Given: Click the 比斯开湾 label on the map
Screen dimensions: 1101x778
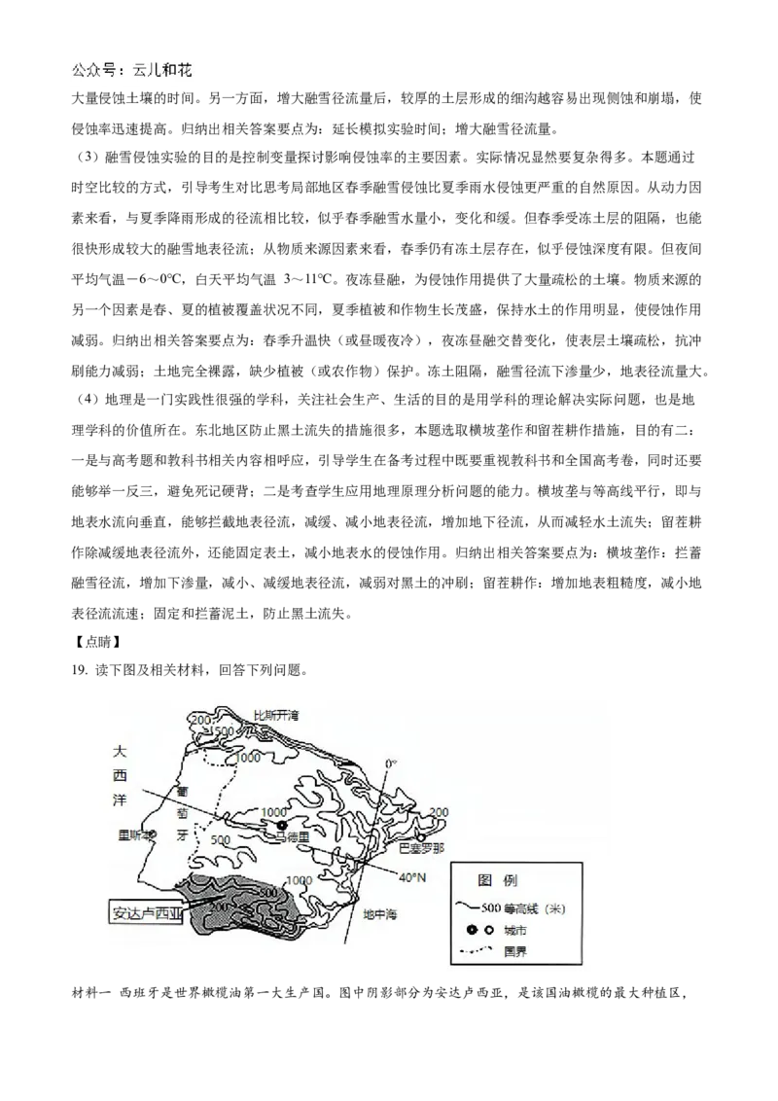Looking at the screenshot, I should click(x=276, y=715).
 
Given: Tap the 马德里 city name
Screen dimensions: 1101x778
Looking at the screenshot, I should click(x=292, y=837).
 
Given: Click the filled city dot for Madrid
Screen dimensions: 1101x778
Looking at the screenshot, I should click(x=282, y=826).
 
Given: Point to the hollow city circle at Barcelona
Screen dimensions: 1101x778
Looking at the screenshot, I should click(x=421, y=835).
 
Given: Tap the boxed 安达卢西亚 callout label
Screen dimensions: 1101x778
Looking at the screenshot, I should click(x=147, y=913).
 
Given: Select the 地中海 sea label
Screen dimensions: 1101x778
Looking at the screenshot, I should click(x=380, y=914).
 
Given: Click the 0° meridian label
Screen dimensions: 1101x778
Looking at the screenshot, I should click(x=390, y=764).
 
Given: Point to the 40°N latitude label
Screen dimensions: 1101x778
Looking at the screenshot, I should click(x=413, y=877).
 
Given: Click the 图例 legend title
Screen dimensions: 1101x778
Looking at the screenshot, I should click(x=498, y=880).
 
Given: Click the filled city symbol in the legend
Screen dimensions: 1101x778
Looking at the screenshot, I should click(x=471, y=930).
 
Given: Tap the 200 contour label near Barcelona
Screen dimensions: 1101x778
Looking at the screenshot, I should click(x=439, y=812).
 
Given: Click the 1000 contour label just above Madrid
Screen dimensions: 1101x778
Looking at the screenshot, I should click(x=274, y=812).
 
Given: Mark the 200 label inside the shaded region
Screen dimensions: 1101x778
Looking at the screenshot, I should click(x=219, y=907).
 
